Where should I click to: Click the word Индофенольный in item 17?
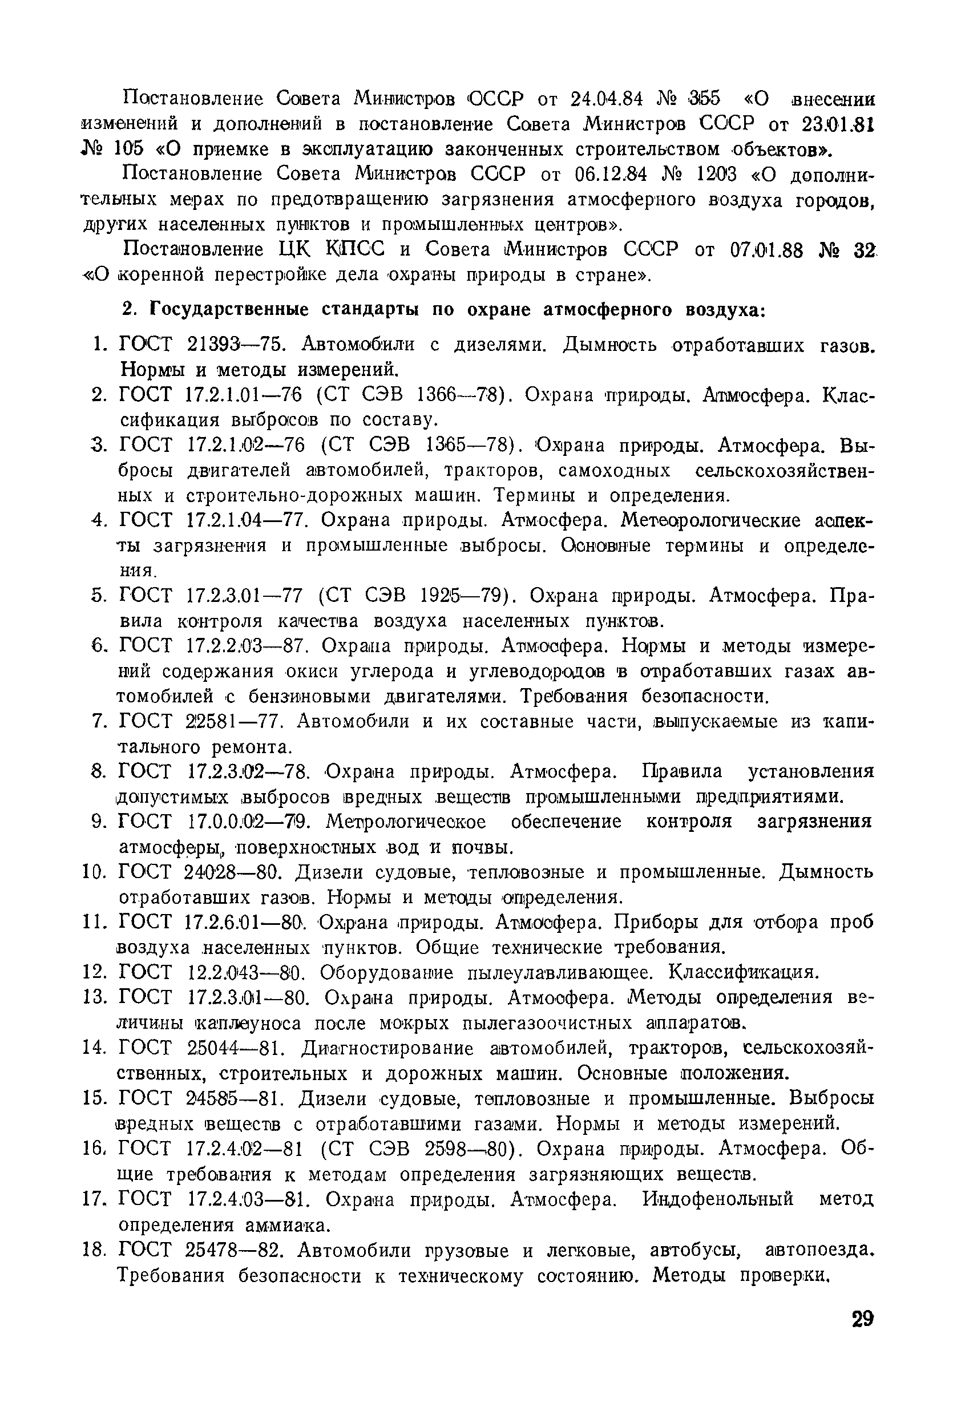point(718,1199)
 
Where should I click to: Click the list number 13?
point(94,998)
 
